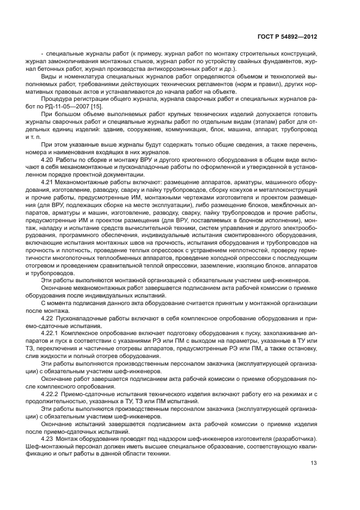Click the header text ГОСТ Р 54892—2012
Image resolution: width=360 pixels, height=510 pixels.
coord(289,37)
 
